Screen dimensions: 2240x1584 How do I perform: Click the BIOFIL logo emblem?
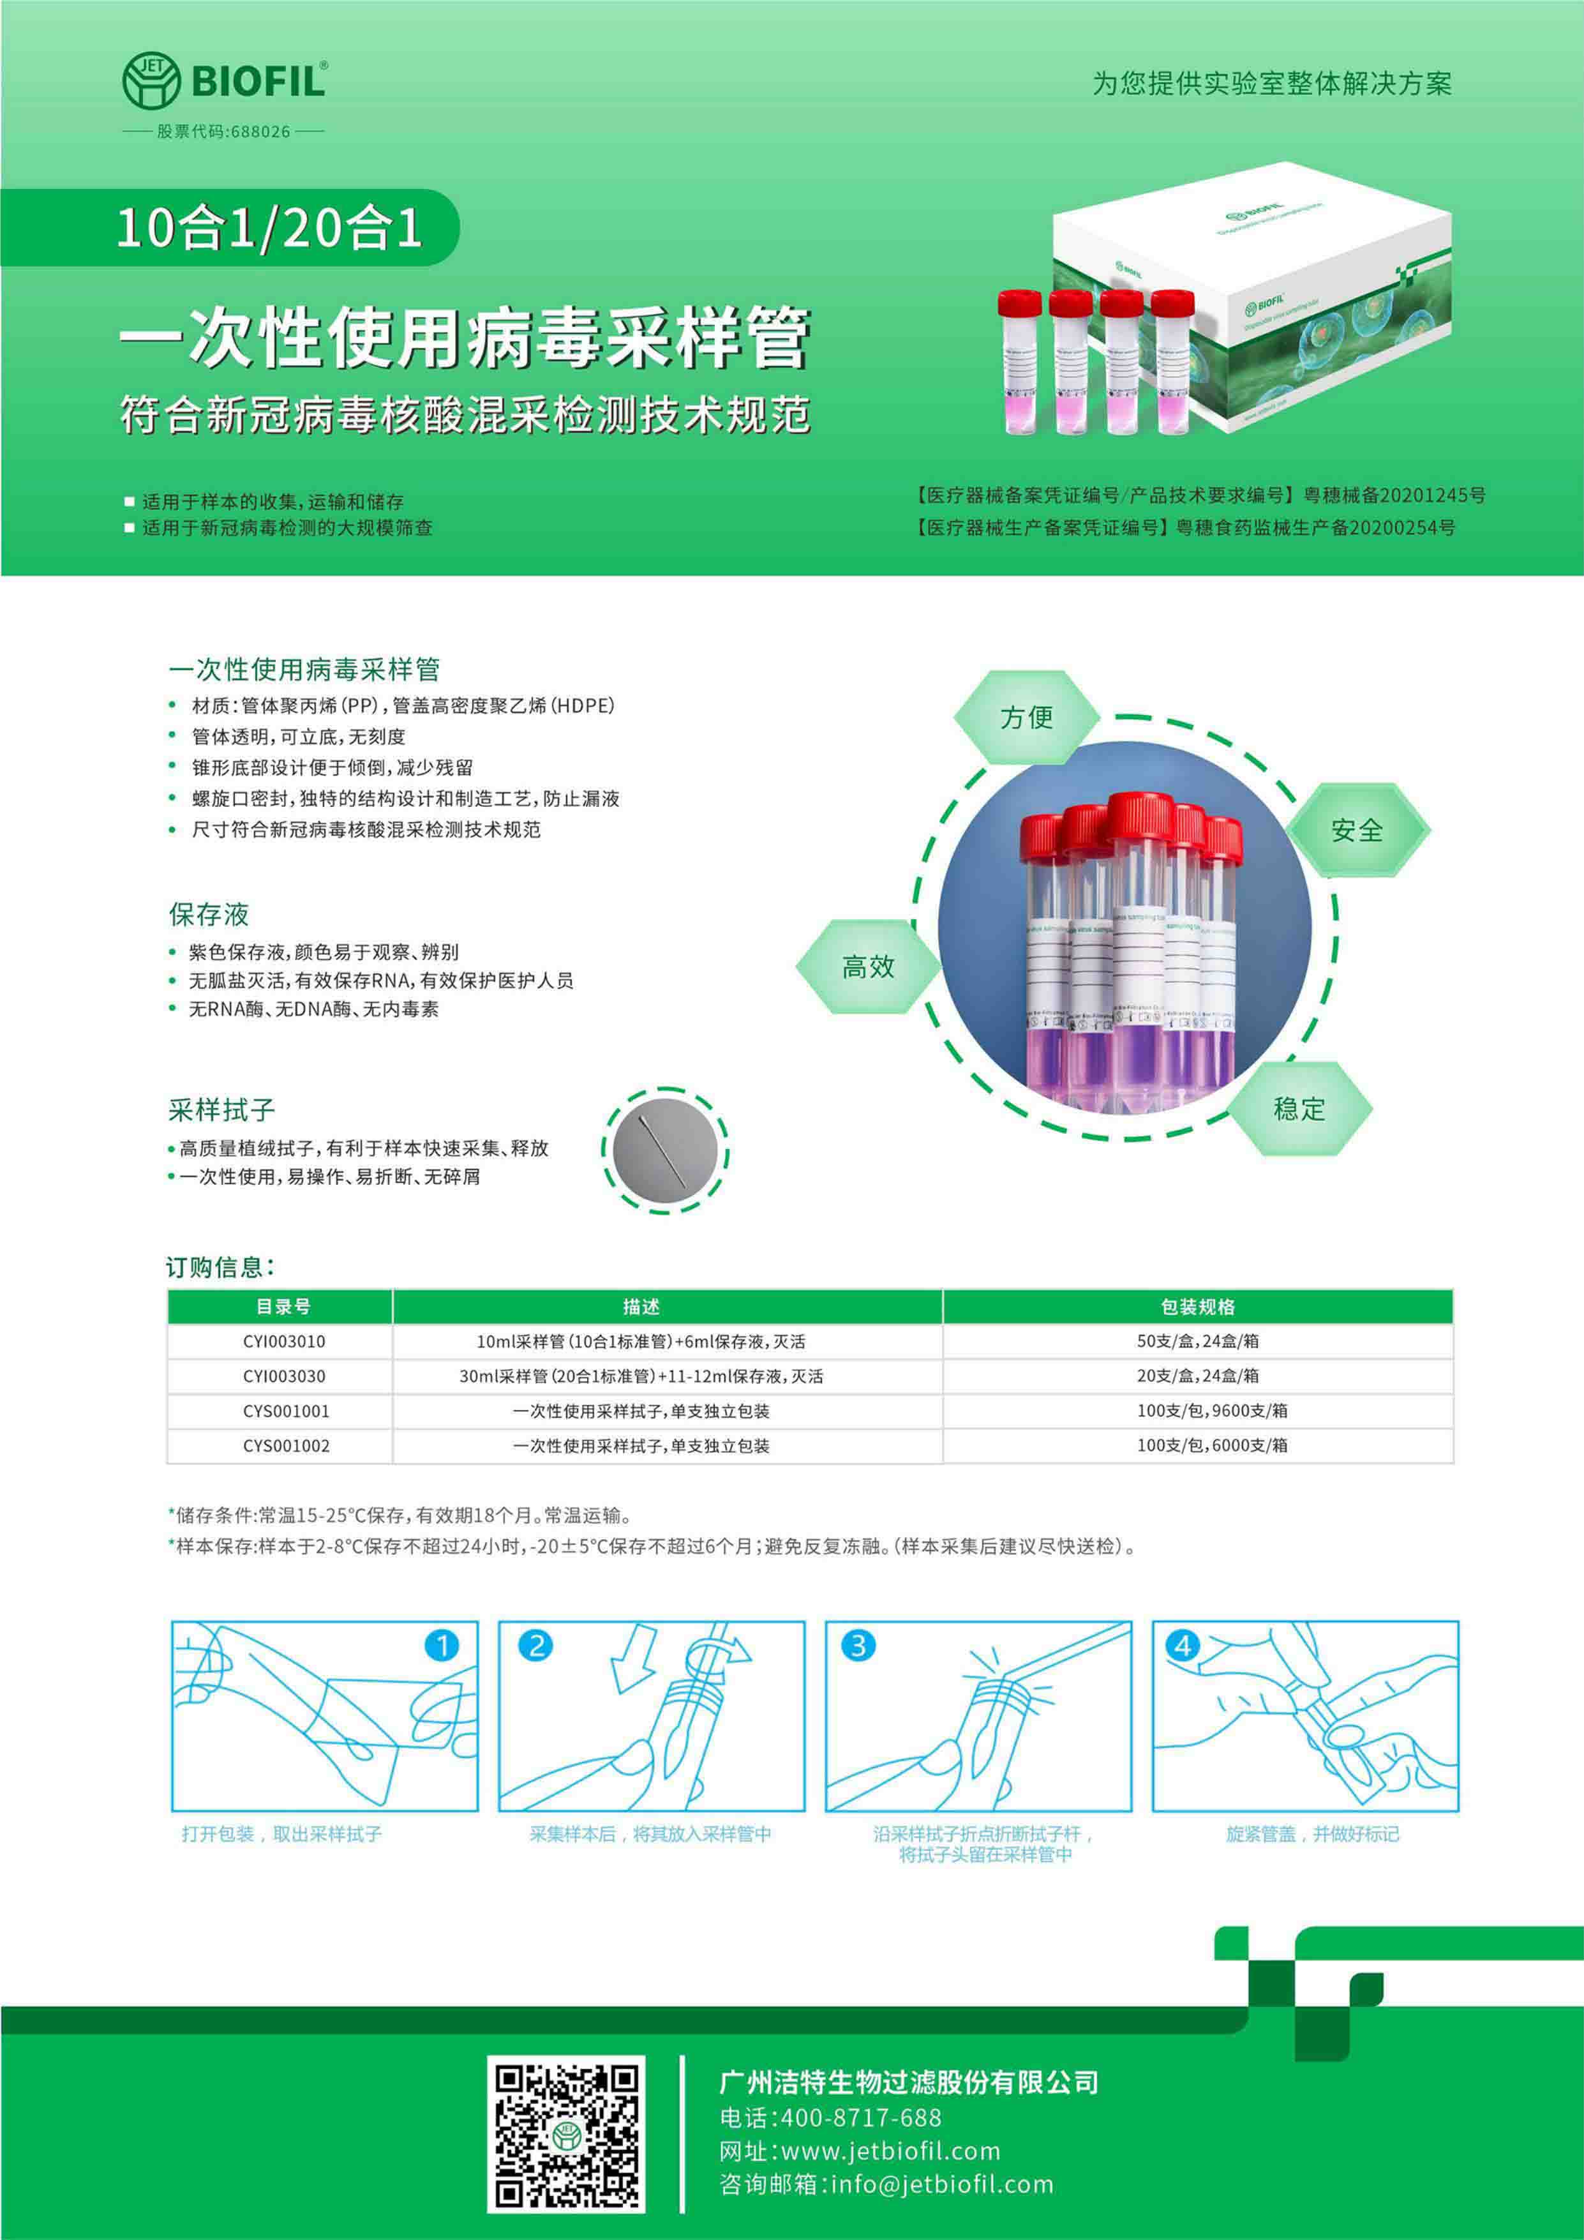click(151, 80)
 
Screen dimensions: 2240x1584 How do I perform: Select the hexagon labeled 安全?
click(1357, 831)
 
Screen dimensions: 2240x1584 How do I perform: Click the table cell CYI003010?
click(284, 1341)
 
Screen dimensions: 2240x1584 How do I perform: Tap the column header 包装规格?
click(1198, 1306)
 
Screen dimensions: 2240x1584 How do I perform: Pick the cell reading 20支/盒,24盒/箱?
click(1198, 1376)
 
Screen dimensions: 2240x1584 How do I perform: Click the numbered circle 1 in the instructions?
click(442, 1646)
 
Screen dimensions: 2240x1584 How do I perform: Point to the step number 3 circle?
click(858, 1646)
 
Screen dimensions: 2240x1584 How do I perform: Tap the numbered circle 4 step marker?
click(1183, 1646)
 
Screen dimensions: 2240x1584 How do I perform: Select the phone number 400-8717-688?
click(862, 2117)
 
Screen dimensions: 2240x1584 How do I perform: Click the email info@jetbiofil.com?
click(942, 2183)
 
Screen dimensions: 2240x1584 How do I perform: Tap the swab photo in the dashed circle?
click(665, 1151)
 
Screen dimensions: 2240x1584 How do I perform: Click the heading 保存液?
click(209, 914)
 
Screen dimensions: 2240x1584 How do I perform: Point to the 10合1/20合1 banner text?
click(269, 227)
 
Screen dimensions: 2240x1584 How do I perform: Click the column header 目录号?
click(283, 1306)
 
